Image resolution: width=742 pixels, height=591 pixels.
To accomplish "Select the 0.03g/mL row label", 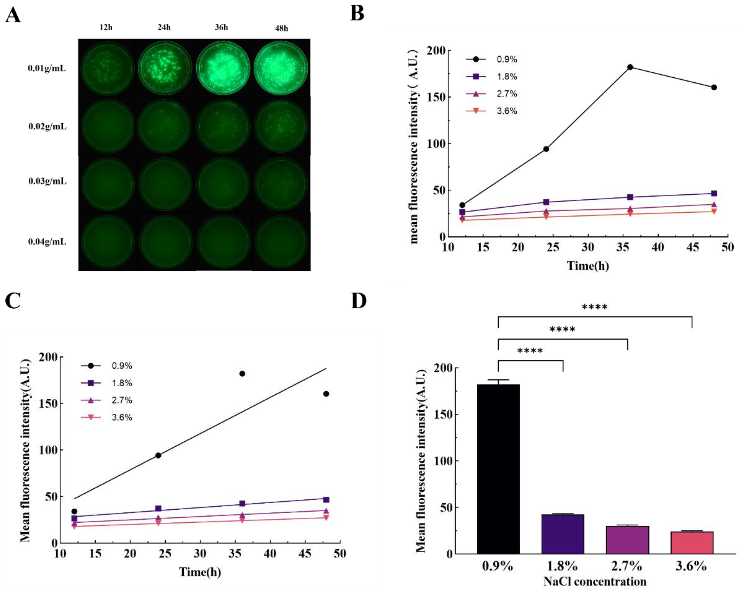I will (x=47, y=181).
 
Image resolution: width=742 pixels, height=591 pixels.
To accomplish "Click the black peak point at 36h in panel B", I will (x=630, y=67).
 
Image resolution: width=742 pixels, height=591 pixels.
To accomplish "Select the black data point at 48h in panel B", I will (x=714, y=87).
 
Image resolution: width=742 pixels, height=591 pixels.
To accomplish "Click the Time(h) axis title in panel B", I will (x=588, y=266).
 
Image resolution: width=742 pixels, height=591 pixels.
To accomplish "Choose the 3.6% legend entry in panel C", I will (x=106, y=417).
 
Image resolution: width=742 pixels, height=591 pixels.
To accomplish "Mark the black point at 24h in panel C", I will (x=158, y=455).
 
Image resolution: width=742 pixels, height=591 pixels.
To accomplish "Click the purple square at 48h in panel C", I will (x=326, y=499).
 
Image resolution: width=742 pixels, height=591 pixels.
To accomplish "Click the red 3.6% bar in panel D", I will (x=692, y=542).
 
